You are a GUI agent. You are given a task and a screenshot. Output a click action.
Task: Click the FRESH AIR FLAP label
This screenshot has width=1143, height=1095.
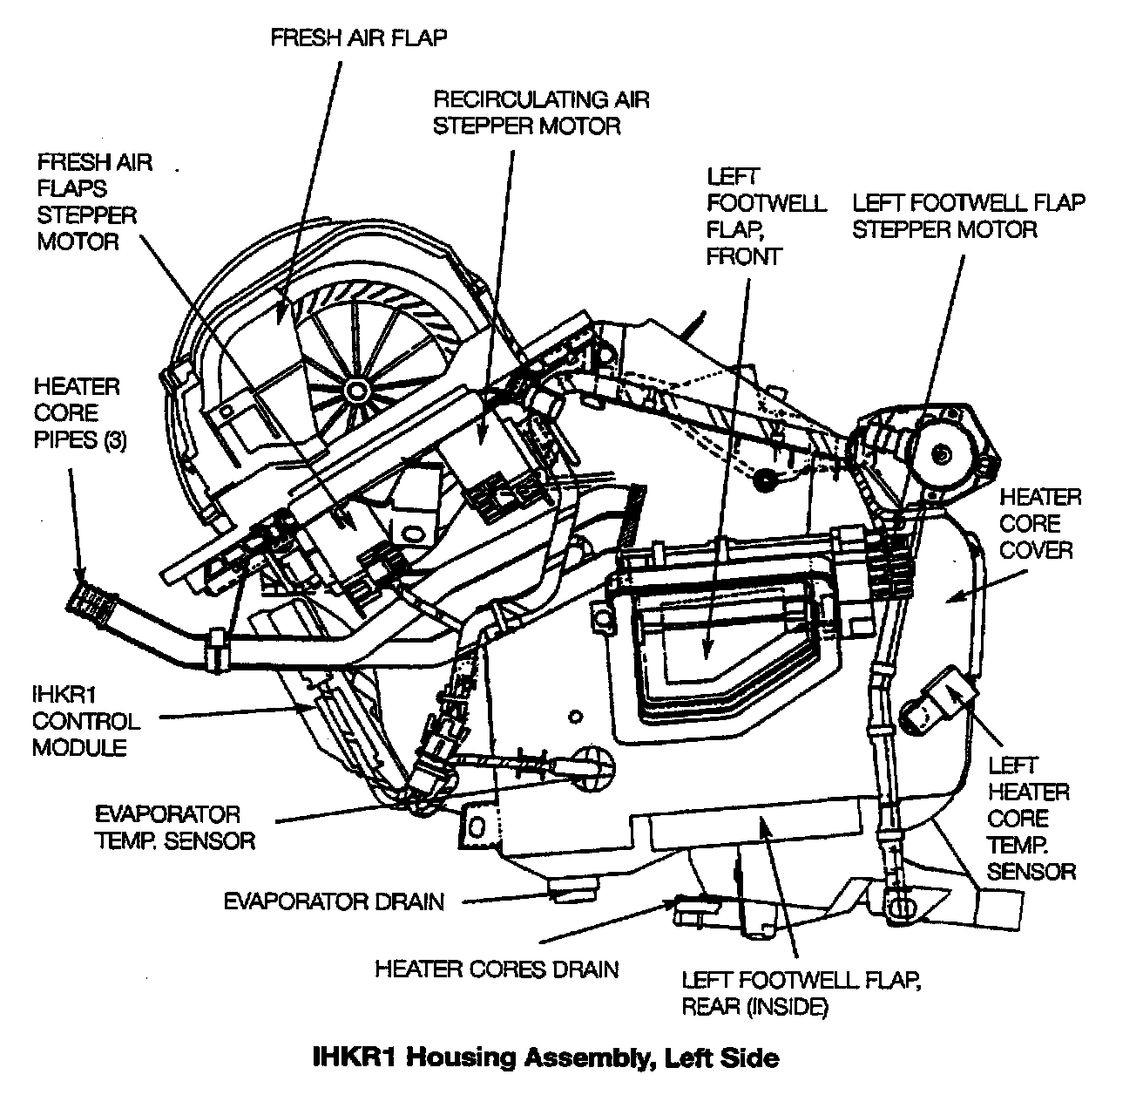[359, 38]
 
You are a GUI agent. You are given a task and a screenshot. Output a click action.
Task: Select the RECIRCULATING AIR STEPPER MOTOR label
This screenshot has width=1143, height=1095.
[541, 112]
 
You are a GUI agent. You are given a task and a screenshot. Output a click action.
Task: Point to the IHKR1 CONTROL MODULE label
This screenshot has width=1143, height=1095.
[85, 721]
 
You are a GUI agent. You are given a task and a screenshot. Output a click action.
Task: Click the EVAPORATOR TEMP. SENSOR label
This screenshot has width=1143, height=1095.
[174, 827]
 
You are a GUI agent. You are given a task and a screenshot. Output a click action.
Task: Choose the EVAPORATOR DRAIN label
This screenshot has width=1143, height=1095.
[334, 901]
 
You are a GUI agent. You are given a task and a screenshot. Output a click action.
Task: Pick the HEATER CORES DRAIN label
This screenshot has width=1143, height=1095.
[497, 969]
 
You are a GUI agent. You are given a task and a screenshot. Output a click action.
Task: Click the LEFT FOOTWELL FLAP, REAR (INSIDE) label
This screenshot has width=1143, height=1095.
[801, 993]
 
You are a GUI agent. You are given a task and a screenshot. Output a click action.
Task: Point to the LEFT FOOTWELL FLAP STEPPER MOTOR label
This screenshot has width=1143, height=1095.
[968, 216]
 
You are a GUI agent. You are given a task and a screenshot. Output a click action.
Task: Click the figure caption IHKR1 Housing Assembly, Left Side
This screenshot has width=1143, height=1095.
[545, 1058]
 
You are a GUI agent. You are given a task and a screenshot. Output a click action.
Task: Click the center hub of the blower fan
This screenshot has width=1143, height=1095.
[355, 387]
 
